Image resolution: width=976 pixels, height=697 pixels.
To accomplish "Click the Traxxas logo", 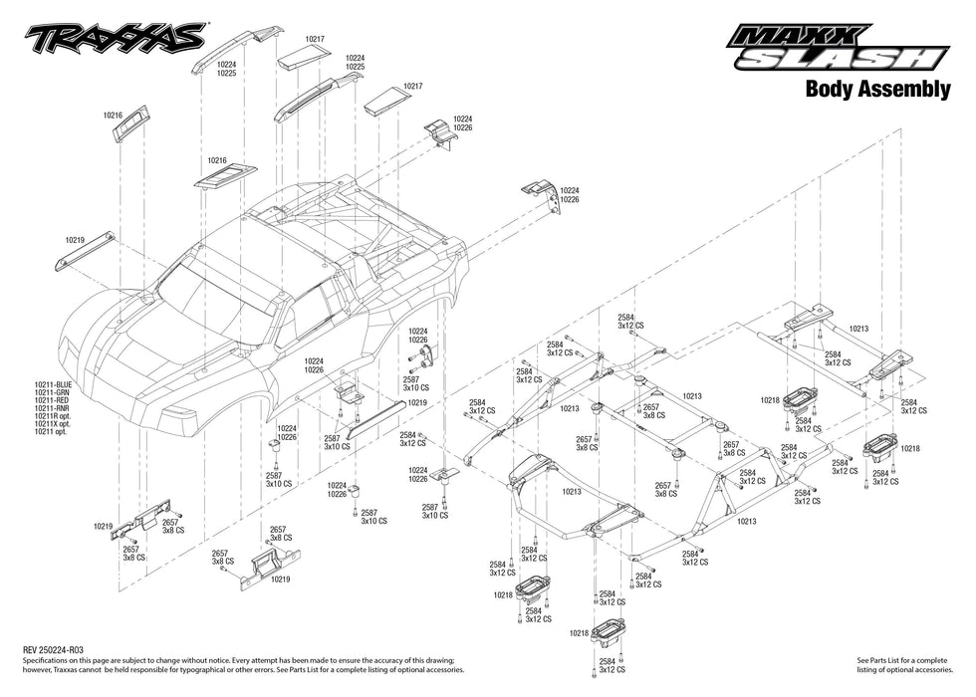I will point(118,39).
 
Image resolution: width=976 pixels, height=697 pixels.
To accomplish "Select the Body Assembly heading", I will point(876,91).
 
